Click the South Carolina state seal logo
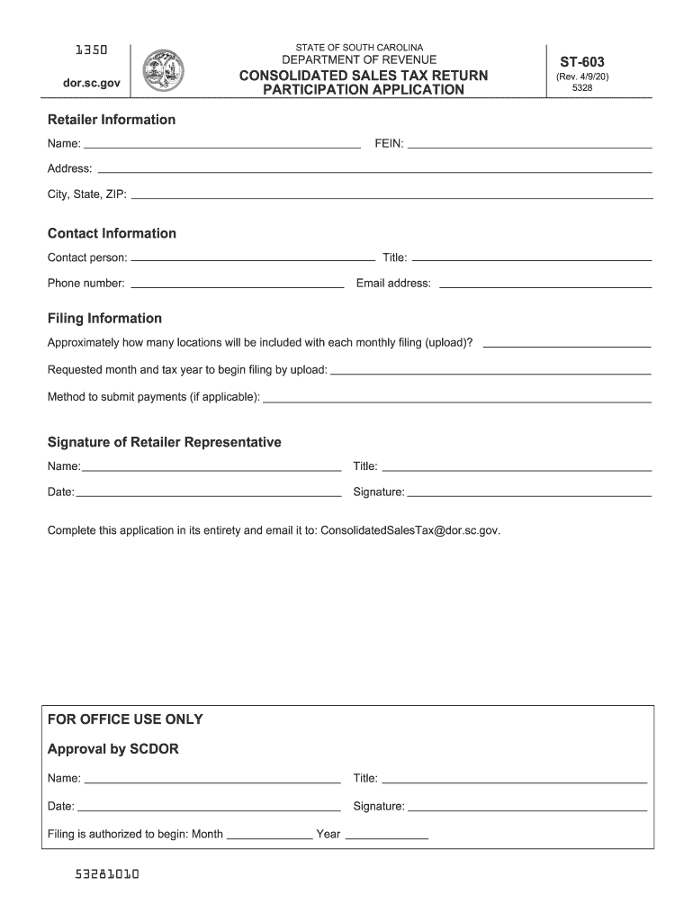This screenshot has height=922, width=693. pyautogui.click(x=164, y=68)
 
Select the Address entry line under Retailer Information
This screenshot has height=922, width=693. pyautogui.click(x=373, y=170)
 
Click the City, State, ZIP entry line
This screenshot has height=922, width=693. pyautogui.click(x=391, y=196)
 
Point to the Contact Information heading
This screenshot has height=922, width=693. pyautogui.click(x=112, y=233)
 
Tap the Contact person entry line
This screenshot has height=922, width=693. pyautogui.click(x=253, y=258)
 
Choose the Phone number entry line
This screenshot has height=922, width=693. pyautogui.click(x=238, y=285)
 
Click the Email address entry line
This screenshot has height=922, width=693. pyautogui.click(x=544, y=285)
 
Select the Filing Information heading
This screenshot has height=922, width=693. pyautogui.click(x=104, y=318)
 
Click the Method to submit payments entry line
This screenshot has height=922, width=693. pyautogui.click(x=457, y=399)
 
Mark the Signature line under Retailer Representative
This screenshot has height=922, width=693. pyautogui.click(x=529, y=494)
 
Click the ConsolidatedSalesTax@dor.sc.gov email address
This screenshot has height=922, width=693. pyautogui.click(x=409, y=530)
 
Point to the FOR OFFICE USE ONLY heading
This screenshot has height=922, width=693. pyautogui.click(x=125, y=719)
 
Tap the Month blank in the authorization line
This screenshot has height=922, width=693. pyautogui.click(x=269, y=836)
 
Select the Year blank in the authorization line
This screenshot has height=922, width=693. pyautogui.click(x=387, y=836)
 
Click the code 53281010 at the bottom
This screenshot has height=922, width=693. pyautogui.click(x=108, y=874)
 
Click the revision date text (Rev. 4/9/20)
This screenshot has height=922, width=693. pyautogui.click(x=582, y=77)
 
